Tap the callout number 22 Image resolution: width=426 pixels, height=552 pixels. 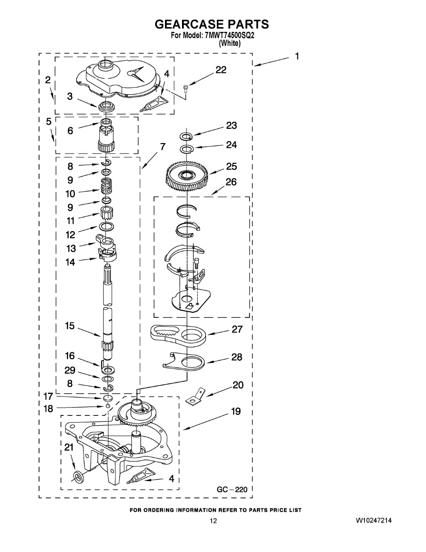click(221, 70)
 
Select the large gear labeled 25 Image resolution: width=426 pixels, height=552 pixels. click(187, 175)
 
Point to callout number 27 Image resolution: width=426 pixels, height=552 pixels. click(237, 329)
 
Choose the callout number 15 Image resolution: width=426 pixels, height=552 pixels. click(70, 326)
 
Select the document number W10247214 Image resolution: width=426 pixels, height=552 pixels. click(374, 521)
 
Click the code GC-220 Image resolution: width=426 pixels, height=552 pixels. click(232, 489)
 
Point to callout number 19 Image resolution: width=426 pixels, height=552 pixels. click(236, 412)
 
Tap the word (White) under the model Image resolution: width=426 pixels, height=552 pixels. click(229, 43)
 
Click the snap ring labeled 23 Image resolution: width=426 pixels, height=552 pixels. click(186, 136)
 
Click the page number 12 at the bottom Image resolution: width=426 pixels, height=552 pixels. click(213, 521)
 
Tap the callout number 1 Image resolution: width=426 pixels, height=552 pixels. click(297, 56)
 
